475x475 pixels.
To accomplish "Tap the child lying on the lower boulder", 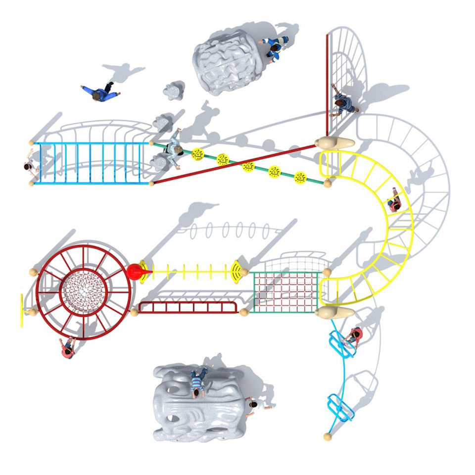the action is tap(198, 382).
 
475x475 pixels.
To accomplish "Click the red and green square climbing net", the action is tap(286, 292).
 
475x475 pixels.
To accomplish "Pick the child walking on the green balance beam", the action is tap(174, 147).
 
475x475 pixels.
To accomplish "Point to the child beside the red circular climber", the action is tap(68, 347).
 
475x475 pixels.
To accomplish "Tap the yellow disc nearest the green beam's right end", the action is tap(300, 177).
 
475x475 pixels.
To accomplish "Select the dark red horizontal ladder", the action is tap(188, 307).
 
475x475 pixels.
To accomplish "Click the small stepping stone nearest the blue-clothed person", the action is tap(174, 92).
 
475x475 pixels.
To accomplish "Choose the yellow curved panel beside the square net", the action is tap(239, 270).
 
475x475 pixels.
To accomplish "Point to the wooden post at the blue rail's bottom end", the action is tap(327, 436).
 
